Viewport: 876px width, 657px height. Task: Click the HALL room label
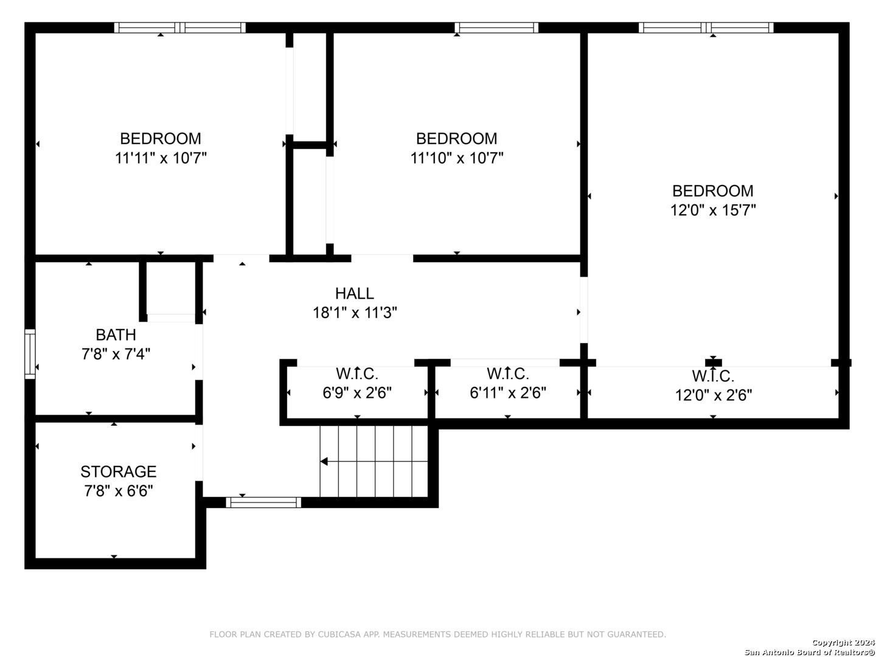pos(355,294)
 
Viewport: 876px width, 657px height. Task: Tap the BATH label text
pos(116,335)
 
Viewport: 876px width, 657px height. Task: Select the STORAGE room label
pos(119,471)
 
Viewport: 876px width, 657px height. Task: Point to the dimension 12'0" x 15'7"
pos(713,210)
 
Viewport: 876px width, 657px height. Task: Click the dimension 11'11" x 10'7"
pos(161,158)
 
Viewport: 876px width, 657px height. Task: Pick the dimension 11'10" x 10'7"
pos(457,158)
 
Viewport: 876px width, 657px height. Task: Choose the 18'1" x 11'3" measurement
pos(355,313)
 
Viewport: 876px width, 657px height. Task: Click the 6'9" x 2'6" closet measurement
pos(357,393)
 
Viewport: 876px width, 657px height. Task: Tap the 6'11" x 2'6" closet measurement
pos(507,393)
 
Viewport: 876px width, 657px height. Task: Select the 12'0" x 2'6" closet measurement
pos(713,395)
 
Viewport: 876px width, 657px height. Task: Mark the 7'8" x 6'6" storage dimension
pos(119,491)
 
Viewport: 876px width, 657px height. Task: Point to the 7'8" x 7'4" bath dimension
pos(116,354)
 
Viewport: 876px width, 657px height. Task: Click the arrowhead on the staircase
pos(324,462)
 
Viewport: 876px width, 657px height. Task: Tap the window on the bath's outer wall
pos(30,354)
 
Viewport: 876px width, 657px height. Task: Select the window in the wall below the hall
pos(263,502)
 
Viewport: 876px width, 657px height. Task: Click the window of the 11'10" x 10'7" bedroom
pos(496,27)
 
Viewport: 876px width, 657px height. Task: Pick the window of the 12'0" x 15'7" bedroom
pos(706,27)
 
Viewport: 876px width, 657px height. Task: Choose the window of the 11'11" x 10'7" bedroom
pos(180,27)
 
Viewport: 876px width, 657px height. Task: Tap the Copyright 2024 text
pos(843,642)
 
